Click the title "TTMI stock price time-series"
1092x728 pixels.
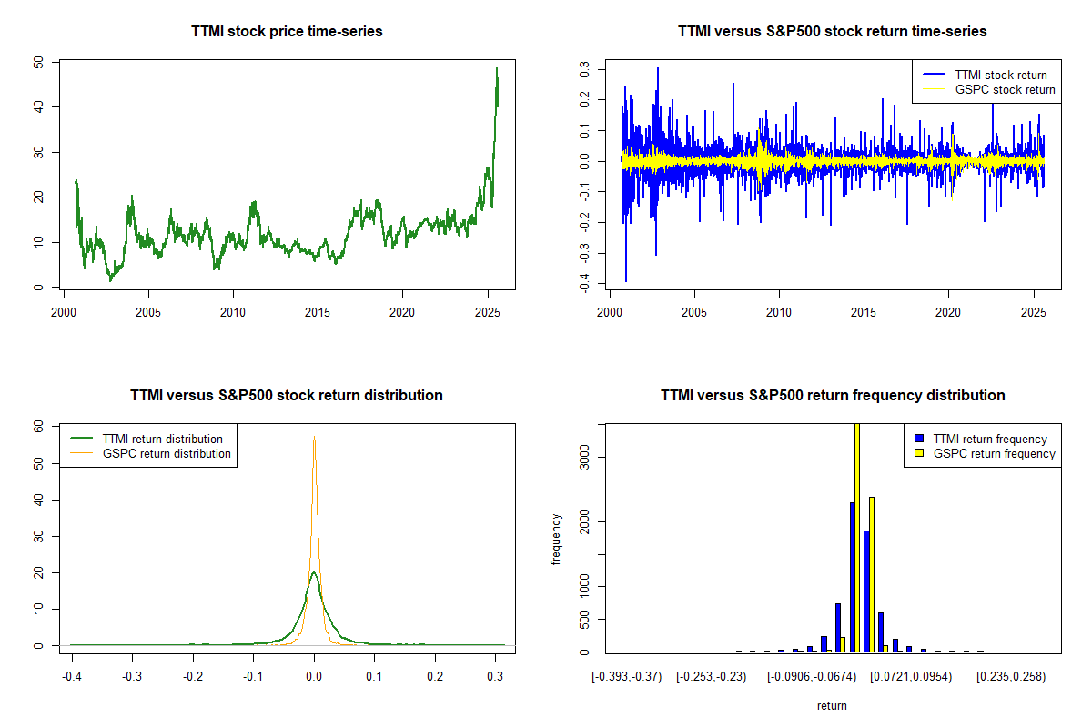click(x=287, y=32)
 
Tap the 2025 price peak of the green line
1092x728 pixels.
click(x=497, y=68)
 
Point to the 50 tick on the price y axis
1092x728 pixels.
click(x=38, y=63)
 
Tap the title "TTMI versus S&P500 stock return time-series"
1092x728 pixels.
click(x=833, y=32)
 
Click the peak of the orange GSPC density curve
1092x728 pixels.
click(x=314, y=438)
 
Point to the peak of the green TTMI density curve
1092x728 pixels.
click(x=314, y=572)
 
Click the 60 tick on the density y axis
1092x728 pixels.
click(x=38, y=426)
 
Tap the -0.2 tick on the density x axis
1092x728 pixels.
click(x=192, y=677)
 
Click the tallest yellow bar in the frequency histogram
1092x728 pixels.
click(x=856, y=537)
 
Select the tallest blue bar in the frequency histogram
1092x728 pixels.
click(x=853, y=577)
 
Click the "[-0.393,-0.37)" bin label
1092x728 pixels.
click(x=627, y=677)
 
